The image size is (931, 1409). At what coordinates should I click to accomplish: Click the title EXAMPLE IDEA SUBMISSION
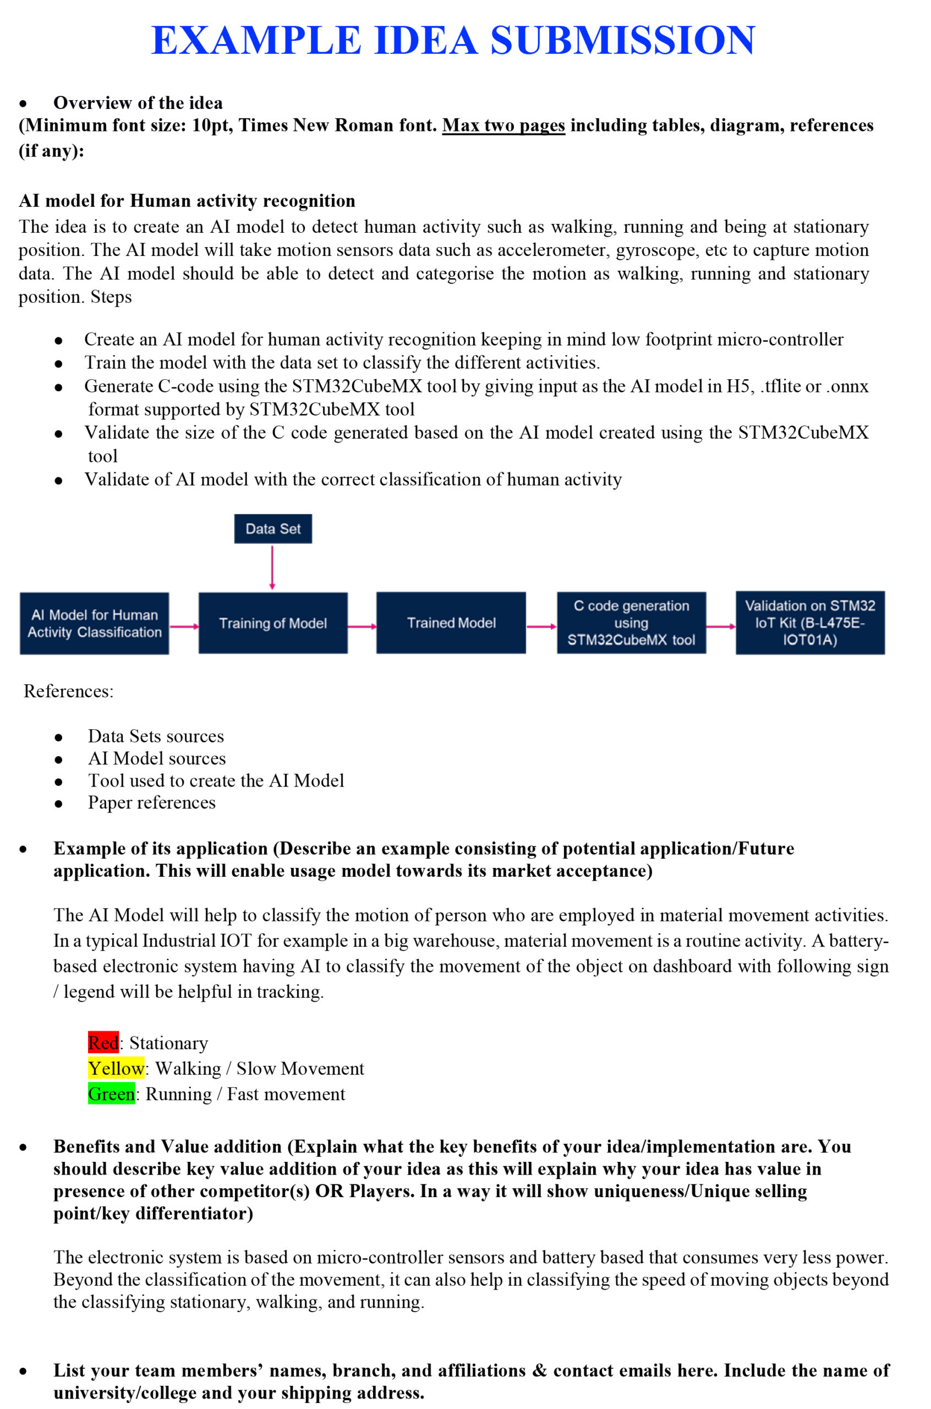(453, 40)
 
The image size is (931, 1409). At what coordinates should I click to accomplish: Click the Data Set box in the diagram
(273, 528)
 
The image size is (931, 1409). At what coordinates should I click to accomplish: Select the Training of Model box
(273, 623)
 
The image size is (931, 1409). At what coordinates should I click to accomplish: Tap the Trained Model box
(451, 623)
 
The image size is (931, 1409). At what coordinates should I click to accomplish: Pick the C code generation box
(631, 623)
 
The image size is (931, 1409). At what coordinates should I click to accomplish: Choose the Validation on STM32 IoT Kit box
(810, 623)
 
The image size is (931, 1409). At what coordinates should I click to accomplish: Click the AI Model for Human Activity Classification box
(95, 624)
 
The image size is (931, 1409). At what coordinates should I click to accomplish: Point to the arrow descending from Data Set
(272, 567)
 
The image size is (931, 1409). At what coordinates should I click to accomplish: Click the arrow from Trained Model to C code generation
(541, 626)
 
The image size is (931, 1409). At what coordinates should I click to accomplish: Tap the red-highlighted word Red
(103, 1042)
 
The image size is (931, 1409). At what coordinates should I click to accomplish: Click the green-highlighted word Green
(112, 1094)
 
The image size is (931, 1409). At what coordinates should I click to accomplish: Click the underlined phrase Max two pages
(503, 125)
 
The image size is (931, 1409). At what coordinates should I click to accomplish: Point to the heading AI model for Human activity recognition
(187, 201)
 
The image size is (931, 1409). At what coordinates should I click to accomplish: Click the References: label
(68, 691)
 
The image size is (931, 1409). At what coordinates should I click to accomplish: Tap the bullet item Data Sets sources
(156, 736)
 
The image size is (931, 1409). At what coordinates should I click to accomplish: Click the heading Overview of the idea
(138, 103)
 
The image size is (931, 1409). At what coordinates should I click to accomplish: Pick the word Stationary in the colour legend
(168, 1043)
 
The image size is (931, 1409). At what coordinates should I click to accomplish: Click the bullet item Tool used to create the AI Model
(216, 780)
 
